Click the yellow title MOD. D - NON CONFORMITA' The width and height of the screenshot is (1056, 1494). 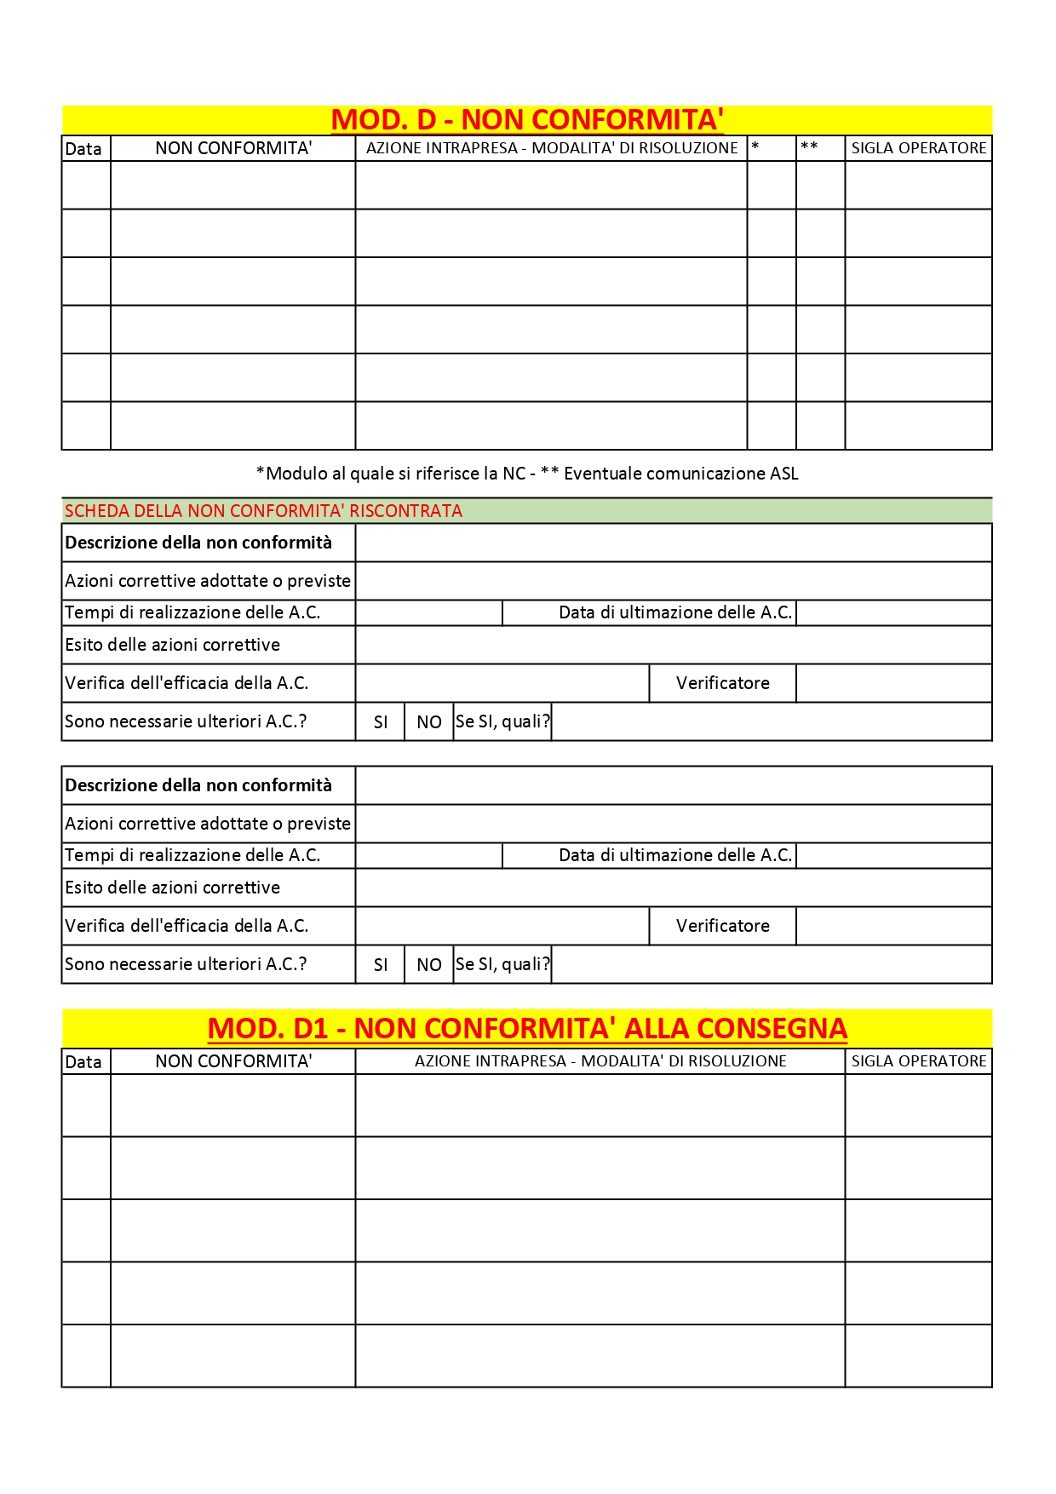[527, 120]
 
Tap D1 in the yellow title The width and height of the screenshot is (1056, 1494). [310, 1029]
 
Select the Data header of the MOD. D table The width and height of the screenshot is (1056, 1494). [83, 149]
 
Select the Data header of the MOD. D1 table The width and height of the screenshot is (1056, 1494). [83, 1062]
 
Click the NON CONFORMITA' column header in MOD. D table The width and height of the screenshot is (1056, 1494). [233, 148]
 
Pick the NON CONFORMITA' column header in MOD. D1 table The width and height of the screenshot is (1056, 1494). [233, 1061]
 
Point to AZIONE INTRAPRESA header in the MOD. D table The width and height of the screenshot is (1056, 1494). [552, 148]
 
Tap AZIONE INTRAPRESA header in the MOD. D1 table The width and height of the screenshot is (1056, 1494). [600, 1061]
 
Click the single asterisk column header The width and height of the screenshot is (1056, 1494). [755, 147]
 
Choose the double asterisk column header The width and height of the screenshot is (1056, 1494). [809, 147]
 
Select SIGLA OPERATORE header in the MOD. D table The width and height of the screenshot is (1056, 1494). [919, 148]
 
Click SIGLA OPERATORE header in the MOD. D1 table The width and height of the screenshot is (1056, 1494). [919, 1061]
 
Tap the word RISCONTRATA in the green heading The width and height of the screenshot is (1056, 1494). [406, 511]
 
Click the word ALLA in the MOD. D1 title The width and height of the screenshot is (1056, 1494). [655, 1029]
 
